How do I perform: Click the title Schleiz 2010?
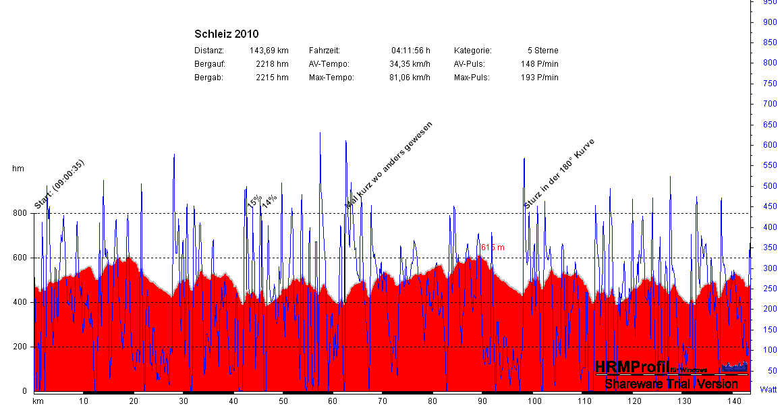pyautogui.click(x=226, y=34)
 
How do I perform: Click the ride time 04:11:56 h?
pyautogui.click(x=410, y=51)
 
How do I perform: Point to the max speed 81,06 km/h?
pyautogui.click(x=410, y=78)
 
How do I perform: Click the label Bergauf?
pyautogui.click(x=209, y=64)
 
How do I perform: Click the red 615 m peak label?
pyautogui.click(x=493, y=247)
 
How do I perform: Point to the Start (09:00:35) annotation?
pyautogui.click(x=59, y=185)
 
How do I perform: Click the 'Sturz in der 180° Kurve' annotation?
pyautogui.click(x=559, y=174)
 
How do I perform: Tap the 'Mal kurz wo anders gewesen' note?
pyautogui.click(x=388, y=165)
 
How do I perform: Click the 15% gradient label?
pyautogui.click(x=254, y=202)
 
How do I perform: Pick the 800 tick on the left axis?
pyautogui.click(x=19, y=214)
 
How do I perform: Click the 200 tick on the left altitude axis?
pyautogui.click(x=19, y=347)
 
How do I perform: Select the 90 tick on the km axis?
pyautogui.click(x=482, y=401)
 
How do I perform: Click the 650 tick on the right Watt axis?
pyautogui.click(x=768, y=125)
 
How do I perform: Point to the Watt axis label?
pyautogui.click(x=768, y=390)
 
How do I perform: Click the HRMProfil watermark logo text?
pyautogui.click(x=632, y=368)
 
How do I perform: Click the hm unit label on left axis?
pyautogui.click(x=18, y=169)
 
